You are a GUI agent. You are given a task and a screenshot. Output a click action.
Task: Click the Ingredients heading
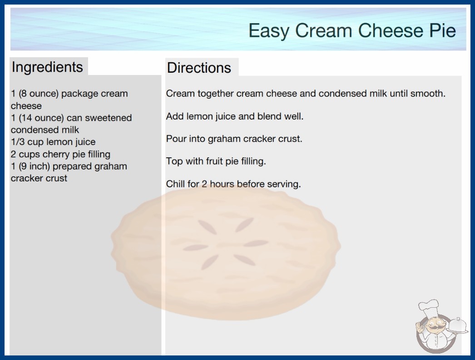click(x=47, y=67)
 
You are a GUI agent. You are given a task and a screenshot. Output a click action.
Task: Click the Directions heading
click(x=199, y=68)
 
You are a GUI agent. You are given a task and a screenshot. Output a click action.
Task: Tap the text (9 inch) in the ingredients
click(x=34, y=166)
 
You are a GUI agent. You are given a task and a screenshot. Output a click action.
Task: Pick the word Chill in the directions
click(x=175, y=184)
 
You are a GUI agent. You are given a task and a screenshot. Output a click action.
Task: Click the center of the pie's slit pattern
click(x=226, y=245)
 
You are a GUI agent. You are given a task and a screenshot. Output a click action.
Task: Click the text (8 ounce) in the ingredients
click(x=39, y=94)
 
